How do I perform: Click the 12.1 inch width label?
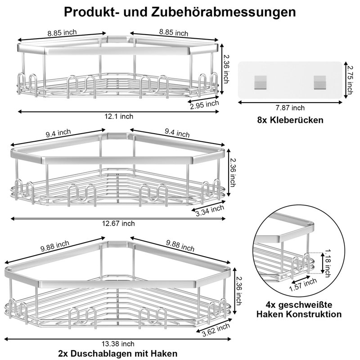pyautogui.click(x=119, y=117)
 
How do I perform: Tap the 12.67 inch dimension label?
pyautogui.click(x=118, y=223)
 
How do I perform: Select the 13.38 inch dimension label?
pyautogui.click(x=118, y=344)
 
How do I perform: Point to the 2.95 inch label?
pyautogui.click(x=204, y=105)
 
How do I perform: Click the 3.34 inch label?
pyautogui.click(x=210, y=211)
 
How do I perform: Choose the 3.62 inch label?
pyautogui.click(x=216, y=330)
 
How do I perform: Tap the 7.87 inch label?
pyautogui.click(x=290, y=108)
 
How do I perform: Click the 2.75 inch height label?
pyautogui.click(x=350, y=80)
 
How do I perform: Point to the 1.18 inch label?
pyautogui.click(x=328, y=263)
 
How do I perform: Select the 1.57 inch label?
pyautogui.click(x=303, y=285)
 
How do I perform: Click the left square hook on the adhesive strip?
pyautogui.click(x=261, y=82)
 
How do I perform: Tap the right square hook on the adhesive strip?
pyautogui.click(x=319, y=82)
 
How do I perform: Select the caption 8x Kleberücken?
pyautogui.click(x=290, y=120)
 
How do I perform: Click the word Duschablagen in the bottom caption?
pyautogui.click(x=102, y=353)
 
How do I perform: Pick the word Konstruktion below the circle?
pyautogui.click(x=315, y=314)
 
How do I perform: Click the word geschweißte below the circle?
pyautogui.click(x=306, y=305)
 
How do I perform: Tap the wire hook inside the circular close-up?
pyautogui.click(x=301, y=265)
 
